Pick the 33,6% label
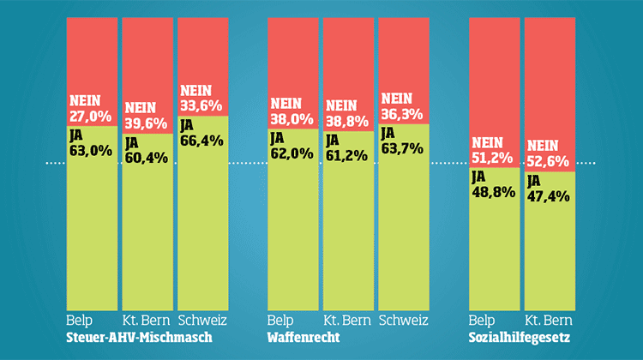[201, 105]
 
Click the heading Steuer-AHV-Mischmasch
[139, 338]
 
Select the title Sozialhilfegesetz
[520, 338]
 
